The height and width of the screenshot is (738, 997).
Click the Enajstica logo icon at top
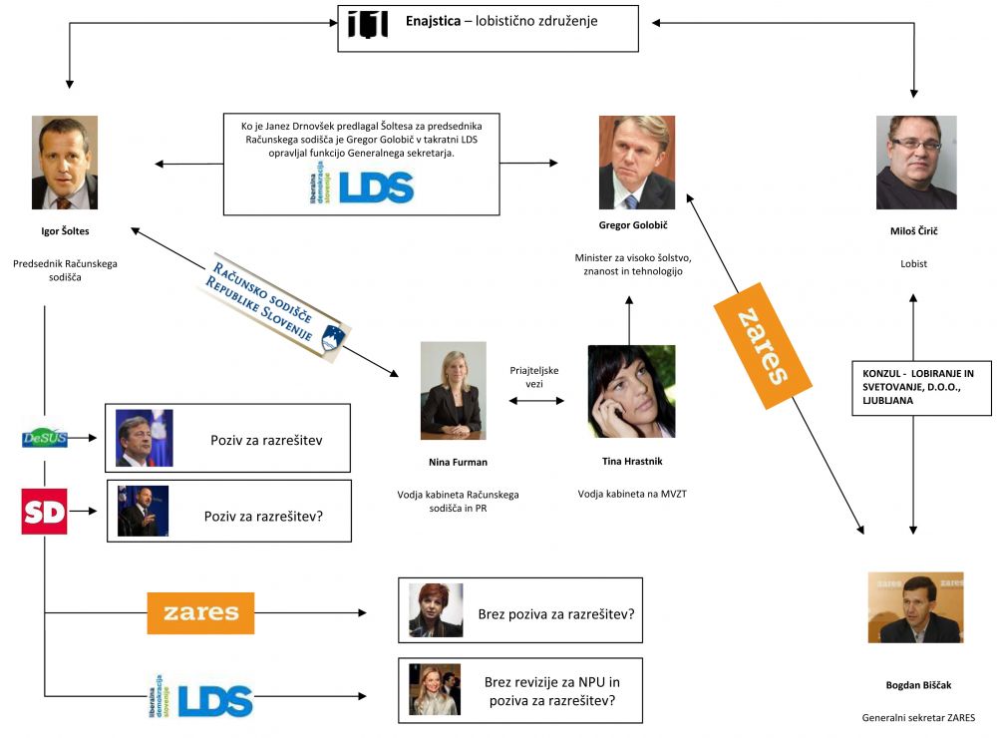[x=367, y=22]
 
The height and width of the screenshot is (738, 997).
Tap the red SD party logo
[x=44, y=512]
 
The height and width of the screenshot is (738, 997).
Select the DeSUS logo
[x=45, y=437]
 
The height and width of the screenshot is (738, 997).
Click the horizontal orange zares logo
[x=200, y=612]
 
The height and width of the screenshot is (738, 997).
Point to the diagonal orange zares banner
[x=765, y=346]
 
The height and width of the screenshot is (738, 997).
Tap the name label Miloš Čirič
[x=914, y=230]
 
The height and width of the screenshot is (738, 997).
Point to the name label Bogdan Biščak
[x=914, y=685]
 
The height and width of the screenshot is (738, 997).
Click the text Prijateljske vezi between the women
[x=534, y=377]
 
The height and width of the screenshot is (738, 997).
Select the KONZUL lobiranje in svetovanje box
[x=920, y=388]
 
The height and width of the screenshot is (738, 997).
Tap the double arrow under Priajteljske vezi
[x=536, y=402]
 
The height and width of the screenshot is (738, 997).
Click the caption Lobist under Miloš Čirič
[x=914, y=264]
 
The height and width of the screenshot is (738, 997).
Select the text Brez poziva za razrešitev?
[x=555, y=612]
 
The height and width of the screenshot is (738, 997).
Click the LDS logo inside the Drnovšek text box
[x=361, y=186]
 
